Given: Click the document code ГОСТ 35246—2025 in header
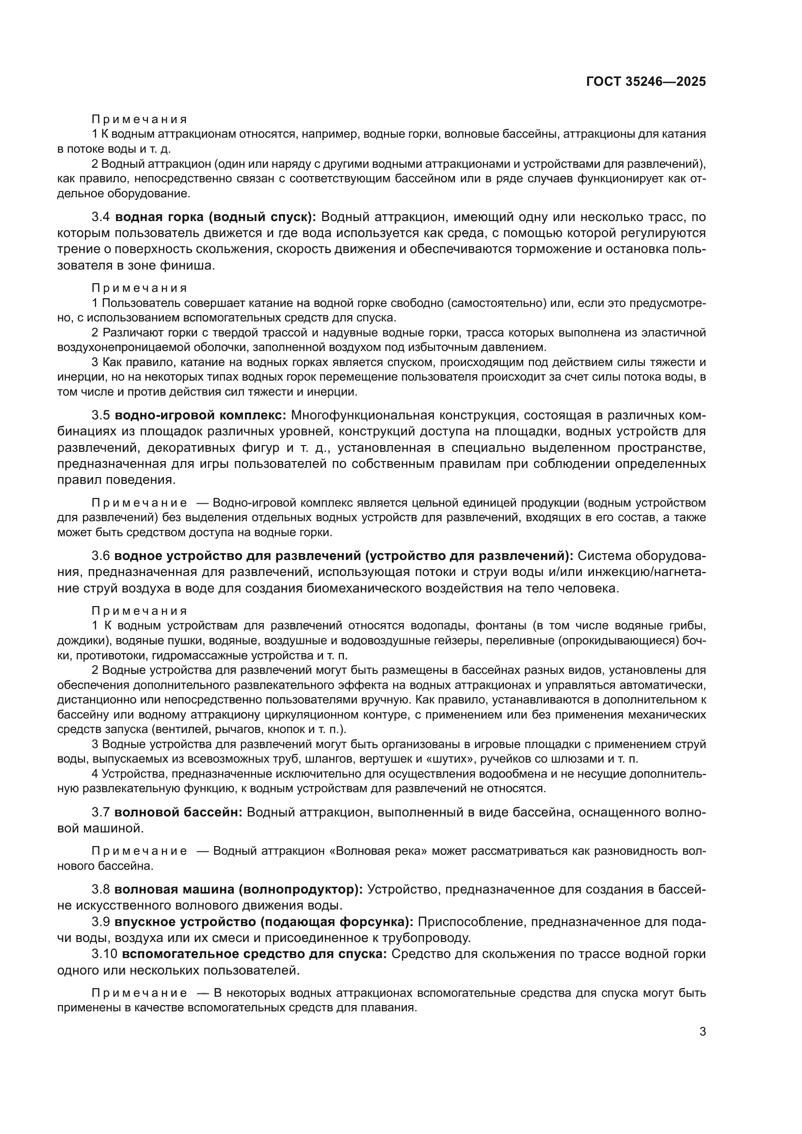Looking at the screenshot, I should pos(646,81).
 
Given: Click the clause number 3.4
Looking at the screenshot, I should pos(101,217).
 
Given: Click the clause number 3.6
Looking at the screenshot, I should pos(101,556).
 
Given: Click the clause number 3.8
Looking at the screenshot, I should pos(101,890).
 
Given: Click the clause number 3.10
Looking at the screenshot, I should pos(104,954).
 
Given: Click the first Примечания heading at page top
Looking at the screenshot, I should pos(139,120).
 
